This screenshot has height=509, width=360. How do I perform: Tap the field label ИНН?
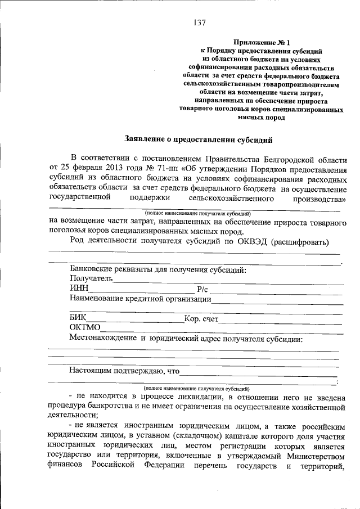pyautogui.click(x=79, y=289)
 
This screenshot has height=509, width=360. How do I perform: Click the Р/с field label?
pyautogui.click(x=202, y=289)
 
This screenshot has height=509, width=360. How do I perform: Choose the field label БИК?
pyautogui.click(x=78, y=318)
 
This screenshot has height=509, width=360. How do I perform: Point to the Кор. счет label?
pyautogui.click(x=201, y=319)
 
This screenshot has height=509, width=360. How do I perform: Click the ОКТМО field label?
pyautogui.click(x=84, y=328)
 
